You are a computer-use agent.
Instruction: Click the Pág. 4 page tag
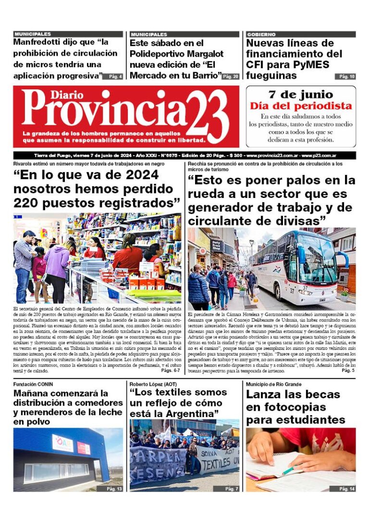click(x=115, y=76)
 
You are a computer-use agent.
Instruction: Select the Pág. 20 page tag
click(x=231, y=76)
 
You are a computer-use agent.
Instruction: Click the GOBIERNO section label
click(x=261, y=35)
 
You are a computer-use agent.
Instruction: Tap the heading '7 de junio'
click(x=301, y=94)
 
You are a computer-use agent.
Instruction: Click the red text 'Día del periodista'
click(x=301, y=106)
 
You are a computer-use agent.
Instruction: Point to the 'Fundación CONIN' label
click(x=33, y=384)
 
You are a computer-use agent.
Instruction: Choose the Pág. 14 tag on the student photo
click(x=347, y=489)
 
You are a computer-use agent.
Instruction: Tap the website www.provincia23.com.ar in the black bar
click(x=273, y=156)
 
